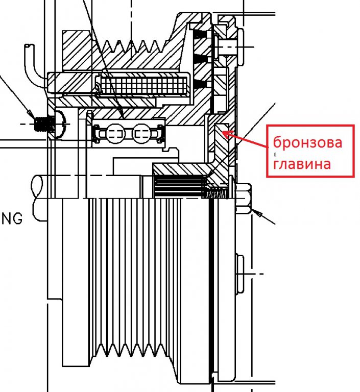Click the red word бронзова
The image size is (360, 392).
[307, 143]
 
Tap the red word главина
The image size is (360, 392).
[302, 164]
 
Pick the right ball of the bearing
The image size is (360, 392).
[142, 134]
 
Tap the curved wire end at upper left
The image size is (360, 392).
[29, 51]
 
